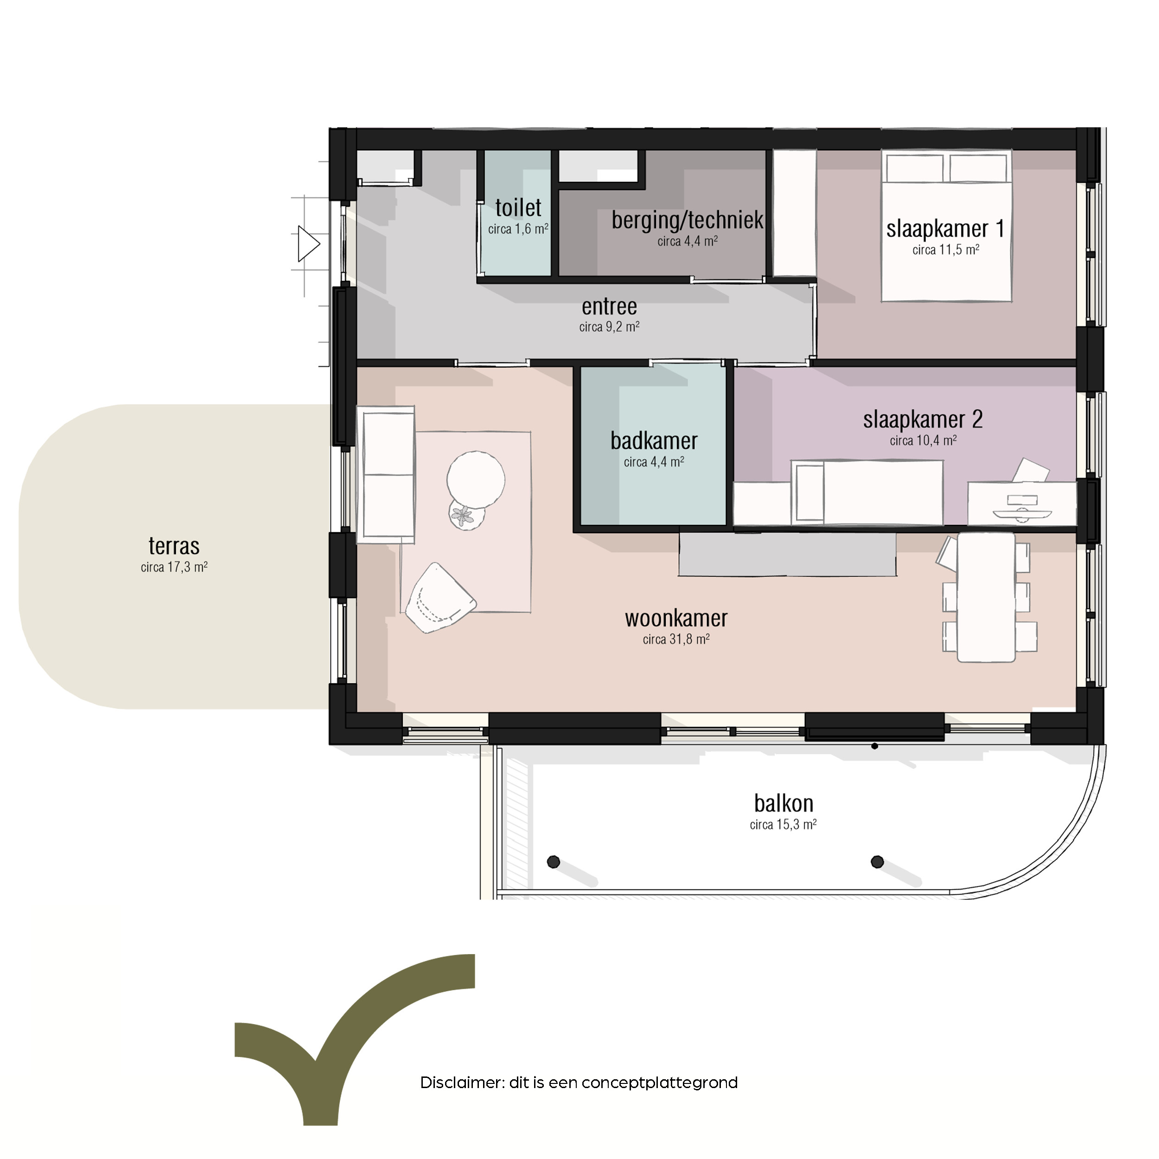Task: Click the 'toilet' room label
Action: coord(518,208)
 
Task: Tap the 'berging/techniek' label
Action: coord(688,220)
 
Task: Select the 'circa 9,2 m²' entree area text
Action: coord(610,327)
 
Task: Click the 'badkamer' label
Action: coord(654,441)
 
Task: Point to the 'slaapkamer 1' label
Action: coord(945,229)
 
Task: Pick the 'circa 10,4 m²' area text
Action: coord(923,441)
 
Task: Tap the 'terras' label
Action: coord(174,546)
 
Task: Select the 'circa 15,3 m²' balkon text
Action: coord(783,825)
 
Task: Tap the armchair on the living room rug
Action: coord(439,598)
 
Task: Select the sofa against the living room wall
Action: coord(386,475)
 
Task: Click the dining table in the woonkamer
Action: coord(986,598)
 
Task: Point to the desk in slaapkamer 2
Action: coord(1022,503)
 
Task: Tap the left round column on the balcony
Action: coord(554,862)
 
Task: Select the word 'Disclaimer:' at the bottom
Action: coord(463,1083)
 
